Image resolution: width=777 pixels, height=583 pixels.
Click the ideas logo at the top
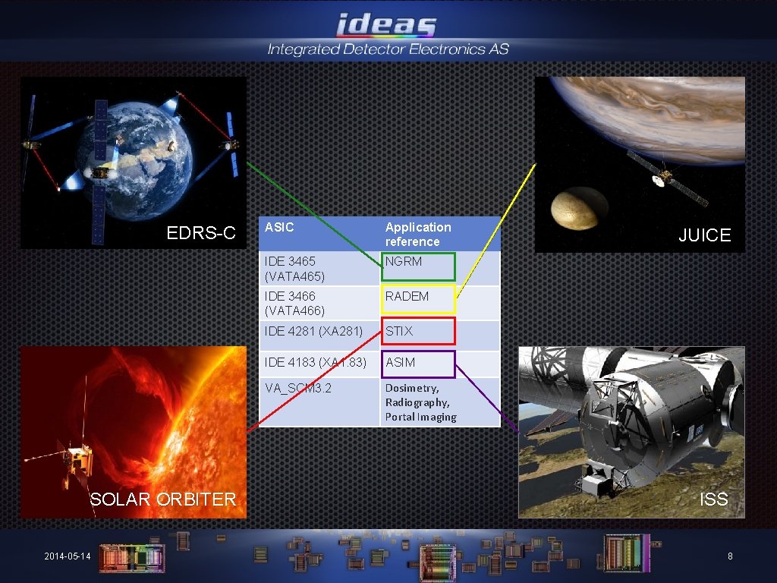(x=387, y=24)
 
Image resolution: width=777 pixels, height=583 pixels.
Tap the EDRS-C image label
(x=201, y=233)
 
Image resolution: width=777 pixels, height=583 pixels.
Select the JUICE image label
(x=704, y=235)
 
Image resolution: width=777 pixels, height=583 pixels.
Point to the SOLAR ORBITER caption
(x=163, y=499)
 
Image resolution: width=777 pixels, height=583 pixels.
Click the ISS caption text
(x=713, y=499)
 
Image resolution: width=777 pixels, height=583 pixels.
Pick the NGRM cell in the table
(x=418, y=266)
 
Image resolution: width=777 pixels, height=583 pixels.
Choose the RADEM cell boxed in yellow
(x=418, y=299)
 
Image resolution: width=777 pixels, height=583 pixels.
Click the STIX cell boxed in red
(x=418, y=331)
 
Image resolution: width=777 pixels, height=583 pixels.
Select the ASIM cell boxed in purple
(x=418, y=364)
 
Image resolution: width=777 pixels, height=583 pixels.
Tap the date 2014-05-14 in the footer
(x=67, y=557)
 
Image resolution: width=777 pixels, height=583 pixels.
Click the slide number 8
(x=730, y=556)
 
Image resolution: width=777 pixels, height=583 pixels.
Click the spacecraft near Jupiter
(x=665, y=177)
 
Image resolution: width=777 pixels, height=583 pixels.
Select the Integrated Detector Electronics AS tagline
(x=388, y=50)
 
